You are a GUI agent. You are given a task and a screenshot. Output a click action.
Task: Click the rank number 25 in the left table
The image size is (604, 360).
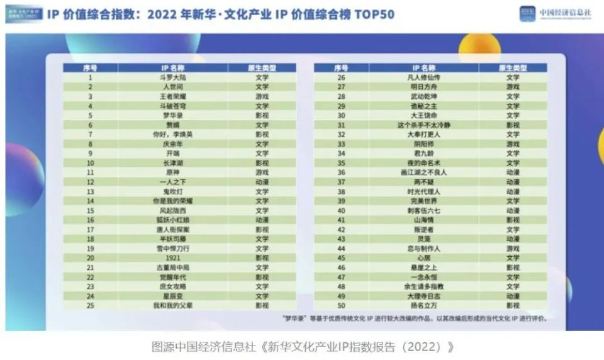(91, 305)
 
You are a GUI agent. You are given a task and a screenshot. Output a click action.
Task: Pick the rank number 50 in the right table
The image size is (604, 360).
(342, 305)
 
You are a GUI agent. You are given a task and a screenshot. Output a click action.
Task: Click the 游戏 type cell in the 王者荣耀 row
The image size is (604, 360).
(262, 96)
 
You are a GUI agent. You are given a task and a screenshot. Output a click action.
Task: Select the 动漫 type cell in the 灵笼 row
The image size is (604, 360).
(513, 239)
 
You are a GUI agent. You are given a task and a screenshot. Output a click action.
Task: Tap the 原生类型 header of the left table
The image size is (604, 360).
(262, 67)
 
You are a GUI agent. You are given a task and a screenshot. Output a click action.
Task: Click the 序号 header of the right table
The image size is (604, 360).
(342, 67)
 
